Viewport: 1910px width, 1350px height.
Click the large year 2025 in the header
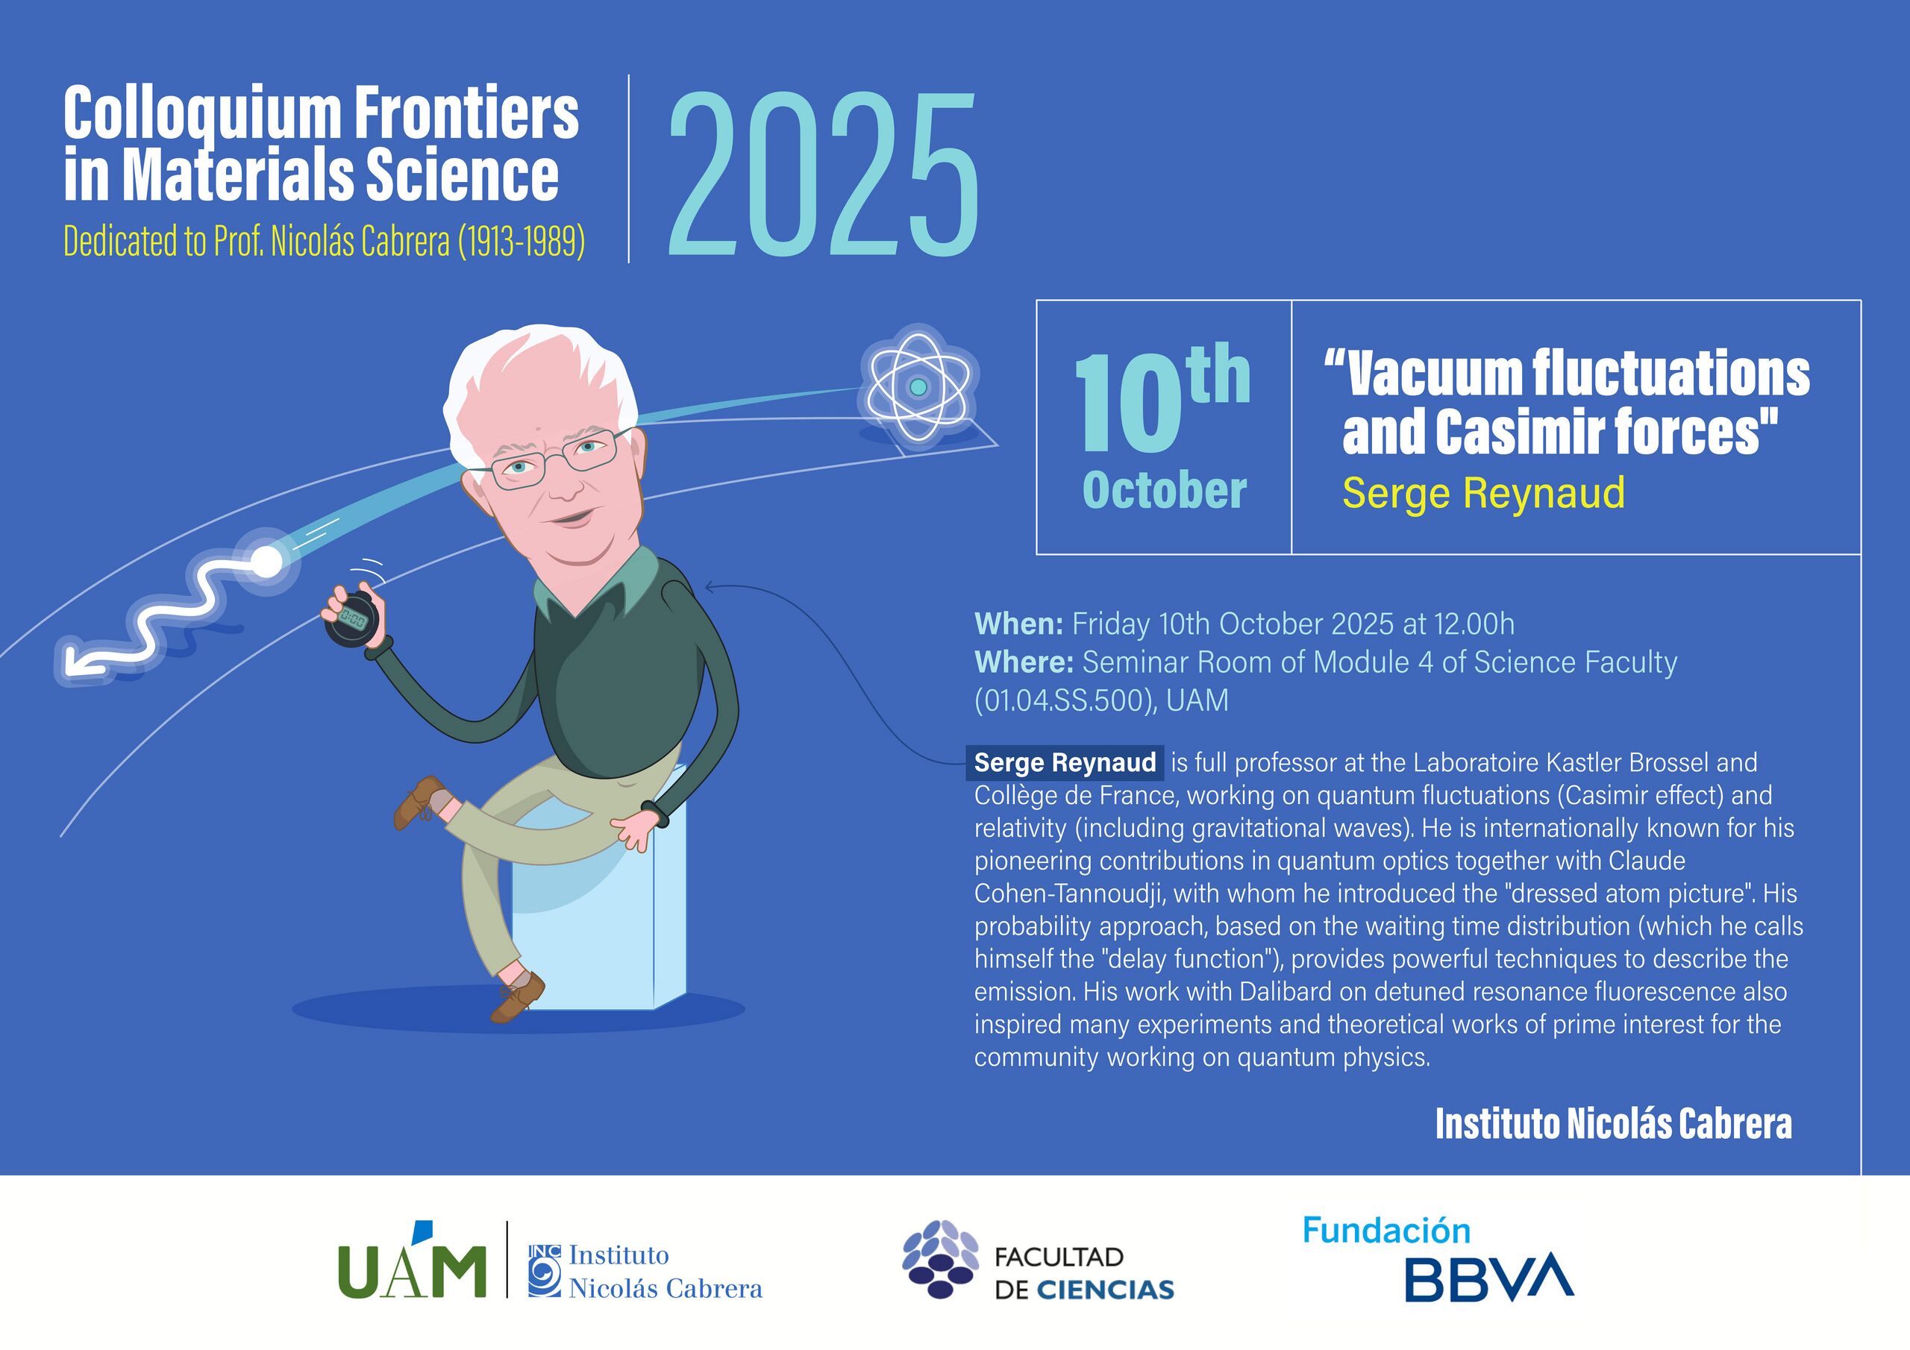pyautogui.click(x=823, y=174)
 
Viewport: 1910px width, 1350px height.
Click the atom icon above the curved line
pyautogui.click(x=918, y=387)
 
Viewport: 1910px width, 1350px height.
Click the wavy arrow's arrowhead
pyautogui.click(x=77, y=662)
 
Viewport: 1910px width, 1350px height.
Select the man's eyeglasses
pyautogui.click(x=553, y=456)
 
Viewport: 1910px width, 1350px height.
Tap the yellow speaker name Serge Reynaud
pyautogui.click(x=1483, y=492)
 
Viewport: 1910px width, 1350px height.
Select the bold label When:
pyautogui.click(x=1018, y=623)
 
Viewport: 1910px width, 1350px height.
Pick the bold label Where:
pyautogui.click(x=1023, y=662)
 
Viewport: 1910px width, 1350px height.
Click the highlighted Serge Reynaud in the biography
pyautogui.click(x=1064, y=762)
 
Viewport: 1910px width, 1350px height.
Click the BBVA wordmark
pyautogui.click(x=1489, y=1279)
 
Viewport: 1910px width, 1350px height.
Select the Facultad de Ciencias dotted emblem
pyautogui.click(x=941, y=1258)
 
